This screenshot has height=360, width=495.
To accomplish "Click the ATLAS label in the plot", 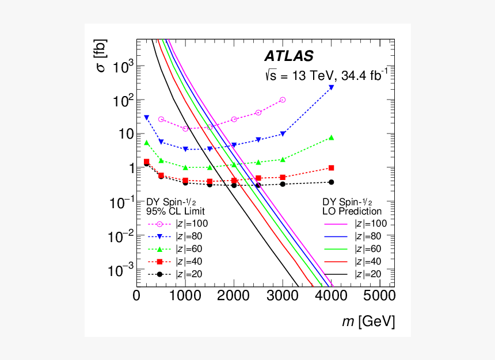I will click(289, 56).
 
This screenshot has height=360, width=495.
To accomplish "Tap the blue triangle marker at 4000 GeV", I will click(332, 87).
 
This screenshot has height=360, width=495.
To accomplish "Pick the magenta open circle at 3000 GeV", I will click(283, 99).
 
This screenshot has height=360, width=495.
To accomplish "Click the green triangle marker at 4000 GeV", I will click(332, 137).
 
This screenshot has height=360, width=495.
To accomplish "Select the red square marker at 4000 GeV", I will click(332, 168).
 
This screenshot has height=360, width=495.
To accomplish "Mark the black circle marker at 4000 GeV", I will click(332, 182).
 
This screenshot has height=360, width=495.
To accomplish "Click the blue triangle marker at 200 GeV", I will click(146, 117).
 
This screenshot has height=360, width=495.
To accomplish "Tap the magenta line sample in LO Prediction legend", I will click(337, 224).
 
